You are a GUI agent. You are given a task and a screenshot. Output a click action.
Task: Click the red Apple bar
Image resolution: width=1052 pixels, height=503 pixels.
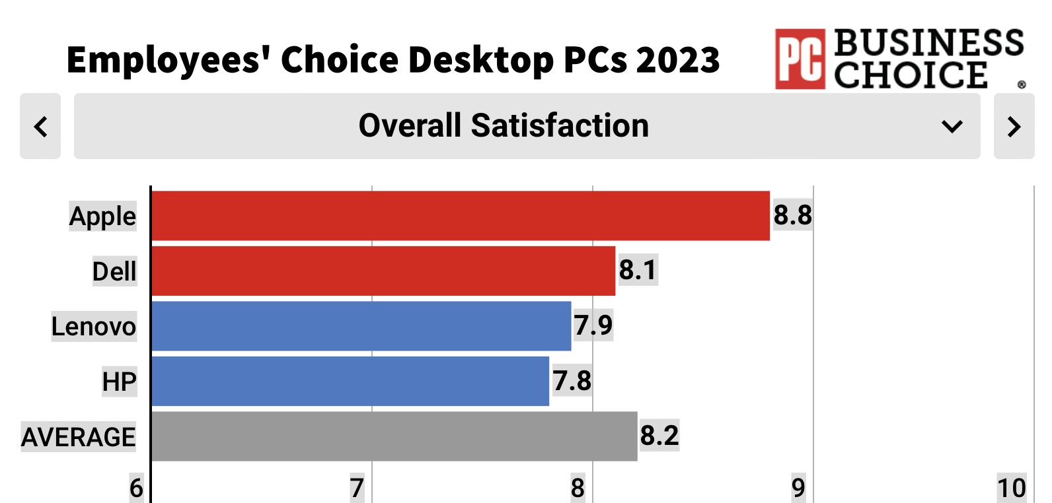coord(461,216)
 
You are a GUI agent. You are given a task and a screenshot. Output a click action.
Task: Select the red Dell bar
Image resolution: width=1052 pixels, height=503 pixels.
coord(383,271)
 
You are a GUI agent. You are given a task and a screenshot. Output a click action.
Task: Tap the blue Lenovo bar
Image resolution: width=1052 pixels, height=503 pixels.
coord(361,326)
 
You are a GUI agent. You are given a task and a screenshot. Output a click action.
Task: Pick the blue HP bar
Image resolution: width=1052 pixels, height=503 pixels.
coord(350,381)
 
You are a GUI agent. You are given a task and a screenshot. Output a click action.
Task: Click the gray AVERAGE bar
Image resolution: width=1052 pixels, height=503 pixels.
coord(394,436)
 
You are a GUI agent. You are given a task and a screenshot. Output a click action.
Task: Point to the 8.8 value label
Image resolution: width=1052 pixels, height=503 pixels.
coord(792,215)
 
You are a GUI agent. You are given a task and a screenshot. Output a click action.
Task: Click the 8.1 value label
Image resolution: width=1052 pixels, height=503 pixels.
coord(638,271)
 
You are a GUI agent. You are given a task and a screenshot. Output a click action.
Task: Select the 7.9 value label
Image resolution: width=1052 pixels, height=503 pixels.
coord(593,325)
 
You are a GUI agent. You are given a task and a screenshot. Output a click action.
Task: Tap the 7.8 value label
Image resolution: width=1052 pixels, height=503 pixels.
coord(572,381)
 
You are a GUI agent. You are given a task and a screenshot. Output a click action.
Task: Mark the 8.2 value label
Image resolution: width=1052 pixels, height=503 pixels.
coord(659,436)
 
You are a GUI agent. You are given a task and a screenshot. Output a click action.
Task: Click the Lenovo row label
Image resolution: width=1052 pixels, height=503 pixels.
coord(94,326)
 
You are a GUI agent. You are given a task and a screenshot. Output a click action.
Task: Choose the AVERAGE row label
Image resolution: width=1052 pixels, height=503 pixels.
coord(79,437)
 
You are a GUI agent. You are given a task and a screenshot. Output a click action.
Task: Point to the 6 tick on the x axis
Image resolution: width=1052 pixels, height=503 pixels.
coord(136,488)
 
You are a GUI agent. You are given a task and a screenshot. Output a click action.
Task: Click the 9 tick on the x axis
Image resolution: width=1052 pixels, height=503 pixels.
coord(798,488)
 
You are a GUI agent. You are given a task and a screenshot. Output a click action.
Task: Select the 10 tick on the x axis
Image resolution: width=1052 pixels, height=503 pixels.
coord(1012,488)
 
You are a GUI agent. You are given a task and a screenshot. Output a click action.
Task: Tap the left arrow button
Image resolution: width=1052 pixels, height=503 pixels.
coord(40,126)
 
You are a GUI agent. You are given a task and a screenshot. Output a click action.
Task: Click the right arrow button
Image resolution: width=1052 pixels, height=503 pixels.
coord(1014,126)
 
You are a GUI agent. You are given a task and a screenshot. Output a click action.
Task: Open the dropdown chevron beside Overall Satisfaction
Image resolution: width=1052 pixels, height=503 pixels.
coord(952,126)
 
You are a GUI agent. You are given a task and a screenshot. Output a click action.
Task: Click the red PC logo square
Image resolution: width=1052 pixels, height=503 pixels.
coord(800,59)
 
